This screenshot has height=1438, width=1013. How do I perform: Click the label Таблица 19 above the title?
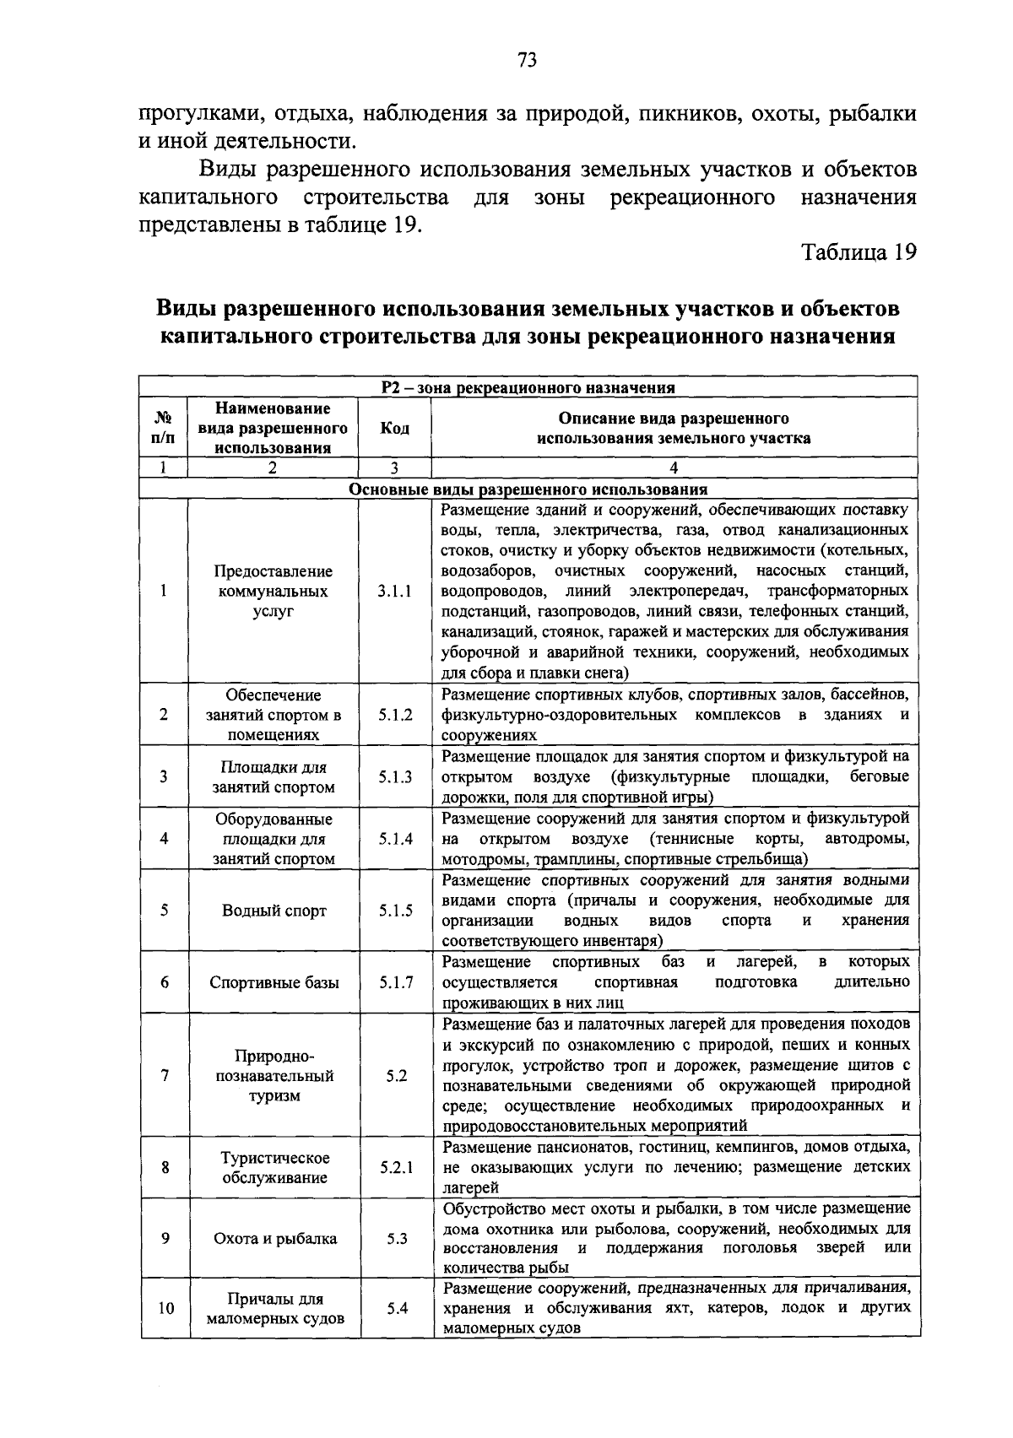(858, 252)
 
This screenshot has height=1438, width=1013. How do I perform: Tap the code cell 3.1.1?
(395, 592)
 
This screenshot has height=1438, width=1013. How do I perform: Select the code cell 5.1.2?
(395, 715)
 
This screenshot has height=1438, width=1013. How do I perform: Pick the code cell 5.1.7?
(395, 982)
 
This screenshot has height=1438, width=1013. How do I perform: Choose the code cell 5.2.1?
(396, 1168)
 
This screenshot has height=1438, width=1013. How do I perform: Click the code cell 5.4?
(397, 1308)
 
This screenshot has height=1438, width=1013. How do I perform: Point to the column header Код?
(394, 428)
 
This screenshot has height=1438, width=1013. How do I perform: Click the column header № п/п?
(164, 428)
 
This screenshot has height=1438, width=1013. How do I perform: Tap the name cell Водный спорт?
(274, 911)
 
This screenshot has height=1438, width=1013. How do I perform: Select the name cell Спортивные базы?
(274, 982)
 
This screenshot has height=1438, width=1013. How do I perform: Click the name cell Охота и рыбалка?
(274, 1239)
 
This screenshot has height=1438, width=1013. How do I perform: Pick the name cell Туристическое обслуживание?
(274, 1168)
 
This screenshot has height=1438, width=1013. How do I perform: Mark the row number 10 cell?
(165, 1309)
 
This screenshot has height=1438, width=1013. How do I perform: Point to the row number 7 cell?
(165, 1076)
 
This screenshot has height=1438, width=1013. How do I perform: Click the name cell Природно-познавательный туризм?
(274, 1076)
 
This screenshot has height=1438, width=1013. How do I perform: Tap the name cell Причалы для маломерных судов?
(274, 1309)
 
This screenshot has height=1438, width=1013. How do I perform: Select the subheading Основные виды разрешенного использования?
(528, 489)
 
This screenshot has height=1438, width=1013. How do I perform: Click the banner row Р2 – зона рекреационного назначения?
(528, 387)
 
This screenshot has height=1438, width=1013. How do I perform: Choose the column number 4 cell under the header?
(673, 468)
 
